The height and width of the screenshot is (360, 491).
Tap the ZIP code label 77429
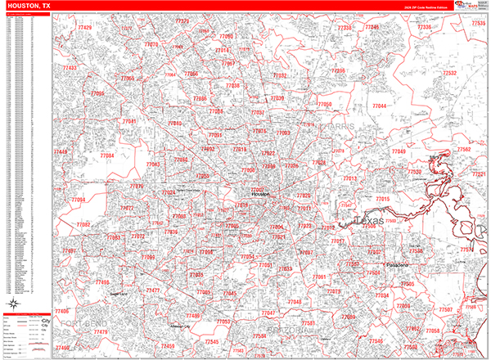(x=83, y=29)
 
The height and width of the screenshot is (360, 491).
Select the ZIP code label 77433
(x=70, y=68)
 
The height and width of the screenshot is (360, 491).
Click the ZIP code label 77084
(x=106, y=155)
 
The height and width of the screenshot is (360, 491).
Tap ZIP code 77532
(x=449, y=73)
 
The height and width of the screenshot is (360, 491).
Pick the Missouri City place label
(x=178, y=327)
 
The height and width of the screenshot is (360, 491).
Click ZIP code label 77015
(x=382, y=199)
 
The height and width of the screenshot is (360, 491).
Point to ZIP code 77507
(x=445, y=309)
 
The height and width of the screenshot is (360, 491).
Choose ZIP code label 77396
(x=338, y=71)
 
